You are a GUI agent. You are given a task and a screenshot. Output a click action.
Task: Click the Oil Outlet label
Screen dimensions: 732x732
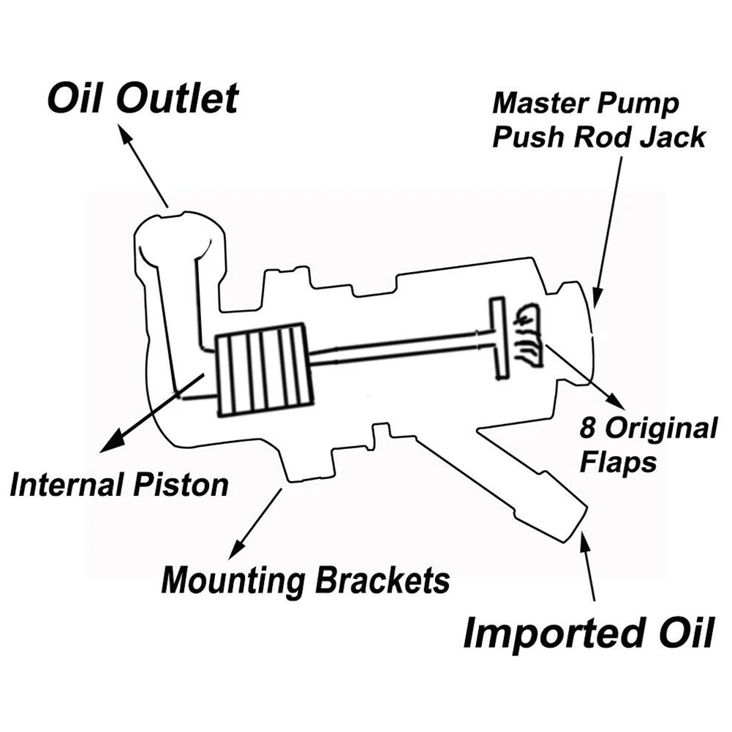coord(143,99)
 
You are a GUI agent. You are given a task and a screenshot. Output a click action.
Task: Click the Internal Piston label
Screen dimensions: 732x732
coord(119,485)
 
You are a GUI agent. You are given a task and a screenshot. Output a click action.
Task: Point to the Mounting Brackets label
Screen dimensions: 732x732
coord(306,580)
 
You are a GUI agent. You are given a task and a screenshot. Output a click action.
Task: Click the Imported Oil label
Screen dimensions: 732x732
coord(589,633)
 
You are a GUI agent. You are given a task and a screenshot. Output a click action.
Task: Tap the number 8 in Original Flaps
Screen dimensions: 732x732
coord(588,427)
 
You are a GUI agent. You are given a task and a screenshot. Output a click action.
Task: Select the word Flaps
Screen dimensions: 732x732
coord(618,463)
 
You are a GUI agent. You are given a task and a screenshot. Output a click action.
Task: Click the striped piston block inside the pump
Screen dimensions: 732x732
coord(264,368)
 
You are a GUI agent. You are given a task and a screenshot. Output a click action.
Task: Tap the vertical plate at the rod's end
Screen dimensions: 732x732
coord(498,336)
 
